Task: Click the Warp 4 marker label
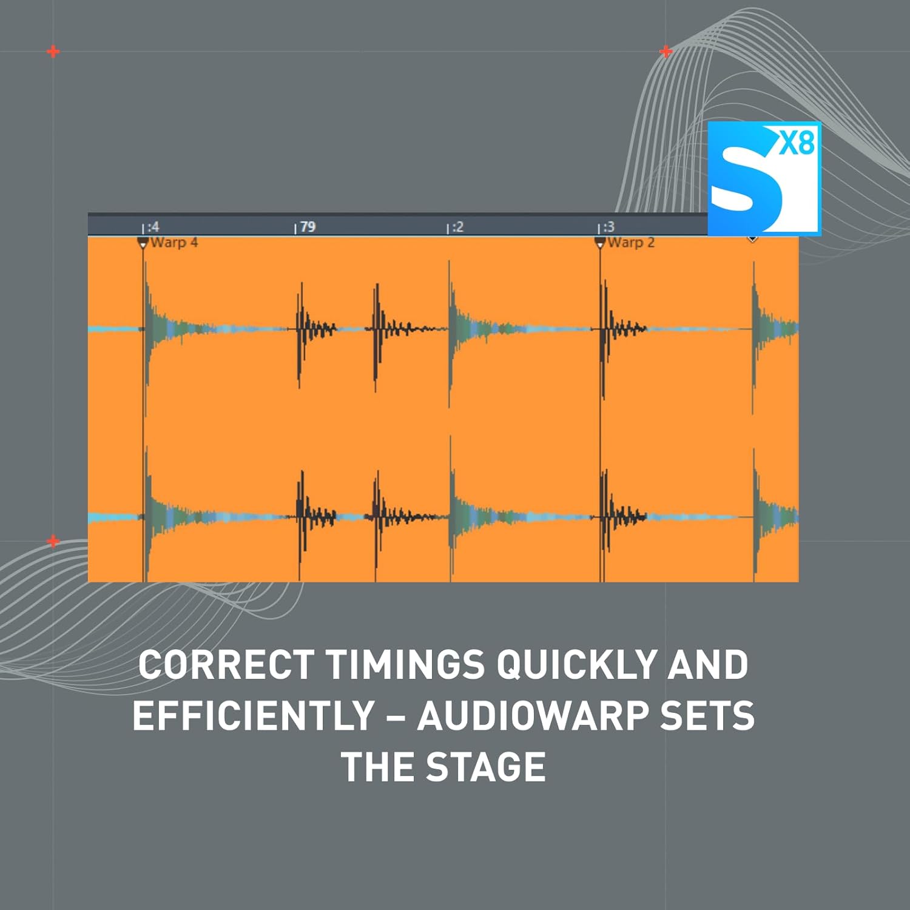[x=174, y=243]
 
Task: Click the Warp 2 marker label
[x=631, y=243]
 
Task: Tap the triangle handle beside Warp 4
[x=143, y=243]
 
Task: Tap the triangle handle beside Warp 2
[x=600, y=243]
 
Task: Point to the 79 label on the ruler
[x=308, y=227]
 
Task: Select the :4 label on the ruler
[x=153, y=227]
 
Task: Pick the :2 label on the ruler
[x=457, y=227]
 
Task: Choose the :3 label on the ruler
[x=608, y=227]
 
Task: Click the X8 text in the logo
[x=797, y=144]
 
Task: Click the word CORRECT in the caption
[x=226, y=665]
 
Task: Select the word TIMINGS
[x=405, y=665]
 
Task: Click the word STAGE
[x=485, y=767]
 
